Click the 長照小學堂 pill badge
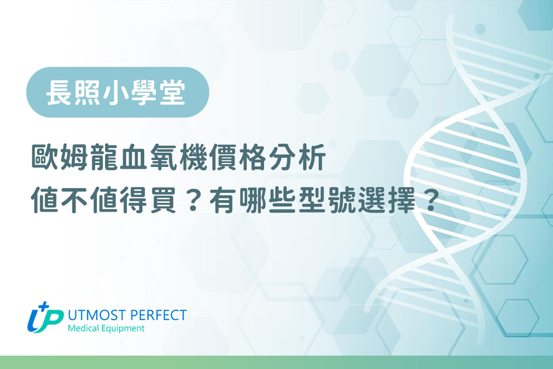(x=118, y=92)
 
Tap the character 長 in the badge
(x=59, y=92)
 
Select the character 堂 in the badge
(x=173, y=92)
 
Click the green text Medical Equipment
(x=106, y=329)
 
